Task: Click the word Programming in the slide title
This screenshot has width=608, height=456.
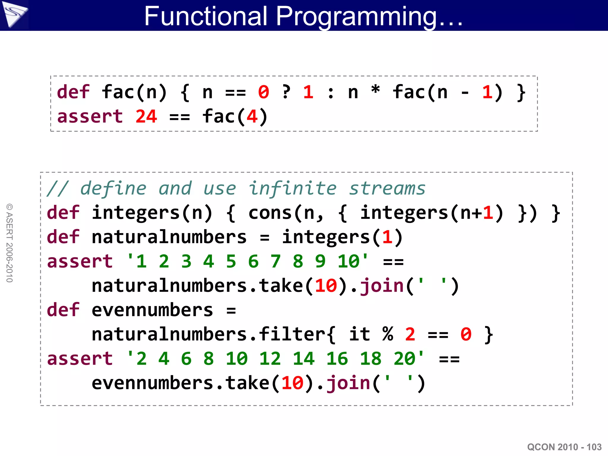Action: (356, 17)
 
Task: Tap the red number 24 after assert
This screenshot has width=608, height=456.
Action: (146, 116)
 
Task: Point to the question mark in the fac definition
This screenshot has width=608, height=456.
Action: (286, 92)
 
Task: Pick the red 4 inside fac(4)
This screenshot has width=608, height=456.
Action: (252, 116)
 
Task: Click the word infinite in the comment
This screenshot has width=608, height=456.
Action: (292, 189)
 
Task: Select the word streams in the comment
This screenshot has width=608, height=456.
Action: (387, 189)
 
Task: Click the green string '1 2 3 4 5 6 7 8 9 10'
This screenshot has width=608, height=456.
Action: (247, 261)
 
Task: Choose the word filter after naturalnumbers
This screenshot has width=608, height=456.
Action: (292, 334)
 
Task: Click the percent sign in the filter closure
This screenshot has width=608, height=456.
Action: (388, 334)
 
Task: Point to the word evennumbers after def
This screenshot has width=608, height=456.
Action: (152, 310)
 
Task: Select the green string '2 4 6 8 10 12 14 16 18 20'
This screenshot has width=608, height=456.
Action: (275, 359)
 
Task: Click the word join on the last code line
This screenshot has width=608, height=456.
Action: (348, 383)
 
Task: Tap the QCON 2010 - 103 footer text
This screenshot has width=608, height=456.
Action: (564, 447)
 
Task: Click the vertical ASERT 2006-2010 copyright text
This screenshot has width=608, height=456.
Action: (10, 243)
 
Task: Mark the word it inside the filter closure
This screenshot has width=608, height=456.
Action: (359, 334)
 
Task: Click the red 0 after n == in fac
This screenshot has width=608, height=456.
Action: (264, 92)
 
